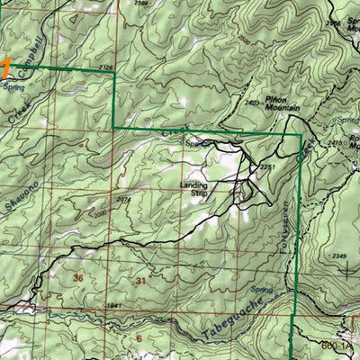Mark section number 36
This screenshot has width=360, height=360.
click(78, 279)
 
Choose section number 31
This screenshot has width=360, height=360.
click(140, 283)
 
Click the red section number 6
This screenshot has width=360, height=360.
click(139, 338)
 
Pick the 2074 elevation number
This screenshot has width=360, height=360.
click(123, 199)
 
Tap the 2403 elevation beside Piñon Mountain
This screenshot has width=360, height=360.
click(250, 104)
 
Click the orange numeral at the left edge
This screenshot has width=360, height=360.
click(5, 67)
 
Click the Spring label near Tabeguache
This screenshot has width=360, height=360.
click(261, 290)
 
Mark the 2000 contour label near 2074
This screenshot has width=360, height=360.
click(100, 212)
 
